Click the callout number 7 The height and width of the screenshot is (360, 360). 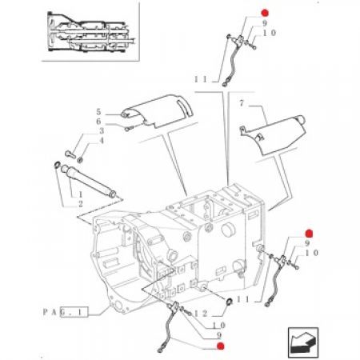tap(242, 103)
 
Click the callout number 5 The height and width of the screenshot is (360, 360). tap(98, 112)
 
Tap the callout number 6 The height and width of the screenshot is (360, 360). tap(98, 122)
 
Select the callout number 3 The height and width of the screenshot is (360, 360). tap(102, 131)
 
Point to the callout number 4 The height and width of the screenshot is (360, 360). tap(102, 141)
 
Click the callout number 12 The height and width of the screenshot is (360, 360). tap(201, 314)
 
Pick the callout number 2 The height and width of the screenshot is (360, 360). tap(80, 204)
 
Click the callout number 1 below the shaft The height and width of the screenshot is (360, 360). tap(80, 194)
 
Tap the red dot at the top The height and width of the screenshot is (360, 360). tap(265, 13)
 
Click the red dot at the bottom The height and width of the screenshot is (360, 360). tap(221, 346)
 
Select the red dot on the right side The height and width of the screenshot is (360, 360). tap(309, 234)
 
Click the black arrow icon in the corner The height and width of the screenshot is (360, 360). tap(303, 342)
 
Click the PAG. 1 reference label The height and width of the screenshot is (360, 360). tap(66, 312)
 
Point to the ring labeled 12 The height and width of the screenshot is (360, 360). tap(229, 302)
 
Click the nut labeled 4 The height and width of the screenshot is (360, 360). tap(80, 160)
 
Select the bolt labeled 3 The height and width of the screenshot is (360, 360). tap(70, 154)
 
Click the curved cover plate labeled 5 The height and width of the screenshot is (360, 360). tap(158, 110)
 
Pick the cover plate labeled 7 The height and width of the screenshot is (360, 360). tap(274, 134)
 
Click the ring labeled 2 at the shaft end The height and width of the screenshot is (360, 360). tap(57, 166)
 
